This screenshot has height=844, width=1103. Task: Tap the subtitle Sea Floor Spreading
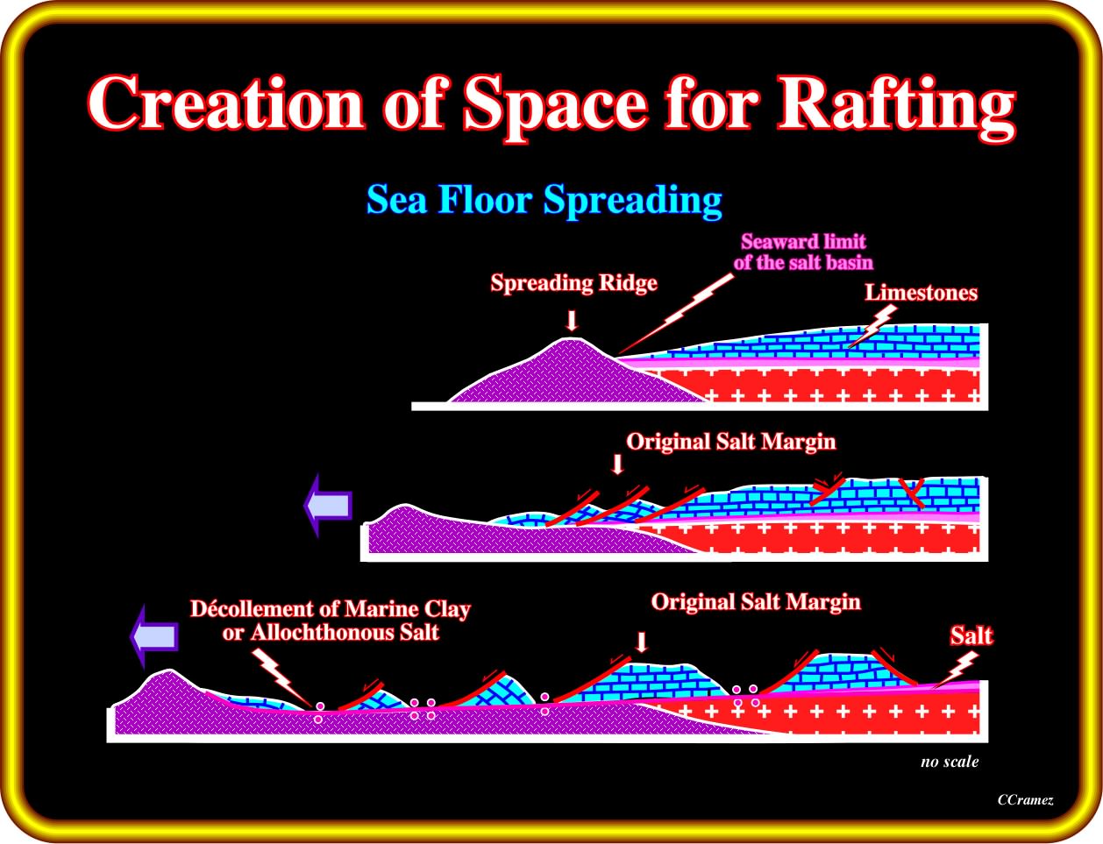(x=544, y=199)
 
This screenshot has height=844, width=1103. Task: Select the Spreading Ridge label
(x=573, y=283)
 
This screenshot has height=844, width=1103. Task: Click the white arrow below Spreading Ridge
(x=572, y=321)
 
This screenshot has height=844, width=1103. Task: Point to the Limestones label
(x=921, y=293)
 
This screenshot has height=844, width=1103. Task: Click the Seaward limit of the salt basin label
(x=803, y=252)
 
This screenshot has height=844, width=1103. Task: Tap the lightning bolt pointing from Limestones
(x=872, y=326)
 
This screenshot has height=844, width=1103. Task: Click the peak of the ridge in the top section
(x=572, y=339)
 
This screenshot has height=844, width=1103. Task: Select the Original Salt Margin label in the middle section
(x=731, y=441)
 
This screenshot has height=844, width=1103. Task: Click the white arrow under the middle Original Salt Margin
(x=617, y=465)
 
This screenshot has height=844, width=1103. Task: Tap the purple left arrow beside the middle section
(x=328, y=505)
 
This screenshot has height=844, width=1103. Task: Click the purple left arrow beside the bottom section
(x=154, y=636)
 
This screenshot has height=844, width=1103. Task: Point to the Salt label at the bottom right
(x=971, y=635)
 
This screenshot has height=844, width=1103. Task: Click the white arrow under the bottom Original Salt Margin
(x=642, y=642)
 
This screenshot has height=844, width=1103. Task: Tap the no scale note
(x=950, y=762)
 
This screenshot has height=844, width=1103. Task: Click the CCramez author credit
(x=1025, y=800)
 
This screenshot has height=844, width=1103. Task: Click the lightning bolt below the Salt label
(x=956, y=670)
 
